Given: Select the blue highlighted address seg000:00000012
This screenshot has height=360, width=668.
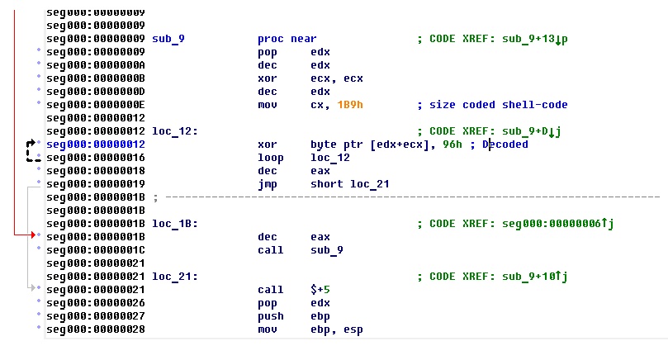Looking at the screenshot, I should click(96, 144).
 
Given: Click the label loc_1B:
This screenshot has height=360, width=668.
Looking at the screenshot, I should click(175, 224).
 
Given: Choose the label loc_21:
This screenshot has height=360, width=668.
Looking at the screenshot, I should click(175, 277).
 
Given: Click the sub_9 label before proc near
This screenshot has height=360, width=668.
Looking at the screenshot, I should click(169, 39).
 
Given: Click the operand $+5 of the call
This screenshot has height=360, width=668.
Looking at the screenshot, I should click(320, 290).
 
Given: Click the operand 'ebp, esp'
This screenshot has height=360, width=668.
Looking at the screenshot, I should click(336, 329).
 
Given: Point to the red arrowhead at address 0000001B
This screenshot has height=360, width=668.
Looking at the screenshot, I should click(32, 237).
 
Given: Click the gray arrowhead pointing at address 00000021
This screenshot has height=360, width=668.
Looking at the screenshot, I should click(32, 289).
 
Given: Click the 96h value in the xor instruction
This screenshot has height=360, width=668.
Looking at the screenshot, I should click(452, 144).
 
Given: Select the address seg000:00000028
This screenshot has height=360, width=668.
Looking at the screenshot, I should click(96, 329).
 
